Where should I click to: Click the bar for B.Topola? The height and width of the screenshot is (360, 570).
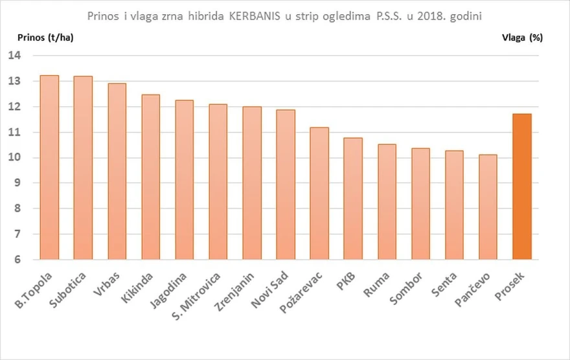49,168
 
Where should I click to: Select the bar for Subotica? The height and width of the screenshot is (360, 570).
83,168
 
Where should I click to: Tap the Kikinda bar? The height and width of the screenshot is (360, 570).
150,177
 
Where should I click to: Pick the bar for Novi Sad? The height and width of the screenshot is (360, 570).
286,185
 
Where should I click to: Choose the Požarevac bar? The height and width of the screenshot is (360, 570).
319,194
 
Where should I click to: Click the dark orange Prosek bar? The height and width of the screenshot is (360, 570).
522,186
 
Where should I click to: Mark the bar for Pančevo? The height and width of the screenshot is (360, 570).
488,207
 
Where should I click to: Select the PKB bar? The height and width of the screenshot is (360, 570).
353,199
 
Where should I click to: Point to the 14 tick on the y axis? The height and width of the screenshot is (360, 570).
15,56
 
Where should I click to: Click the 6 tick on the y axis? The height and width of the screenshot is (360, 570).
18,260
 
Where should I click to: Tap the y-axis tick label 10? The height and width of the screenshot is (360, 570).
15,157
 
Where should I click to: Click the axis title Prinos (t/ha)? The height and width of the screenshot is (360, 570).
45,38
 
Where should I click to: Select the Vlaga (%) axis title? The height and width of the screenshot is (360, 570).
522,38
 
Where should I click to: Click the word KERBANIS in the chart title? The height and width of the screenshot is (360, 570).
255,16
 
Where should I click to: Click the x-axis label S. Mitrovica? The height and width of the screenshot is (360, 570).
196,296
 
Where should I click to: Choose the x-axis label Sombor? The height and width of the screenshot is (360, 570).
406,288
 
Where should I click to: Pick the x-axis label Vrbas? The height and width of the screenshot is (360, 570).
106,284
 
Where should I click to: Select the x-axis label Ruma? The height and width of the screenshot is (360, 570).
376,284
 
